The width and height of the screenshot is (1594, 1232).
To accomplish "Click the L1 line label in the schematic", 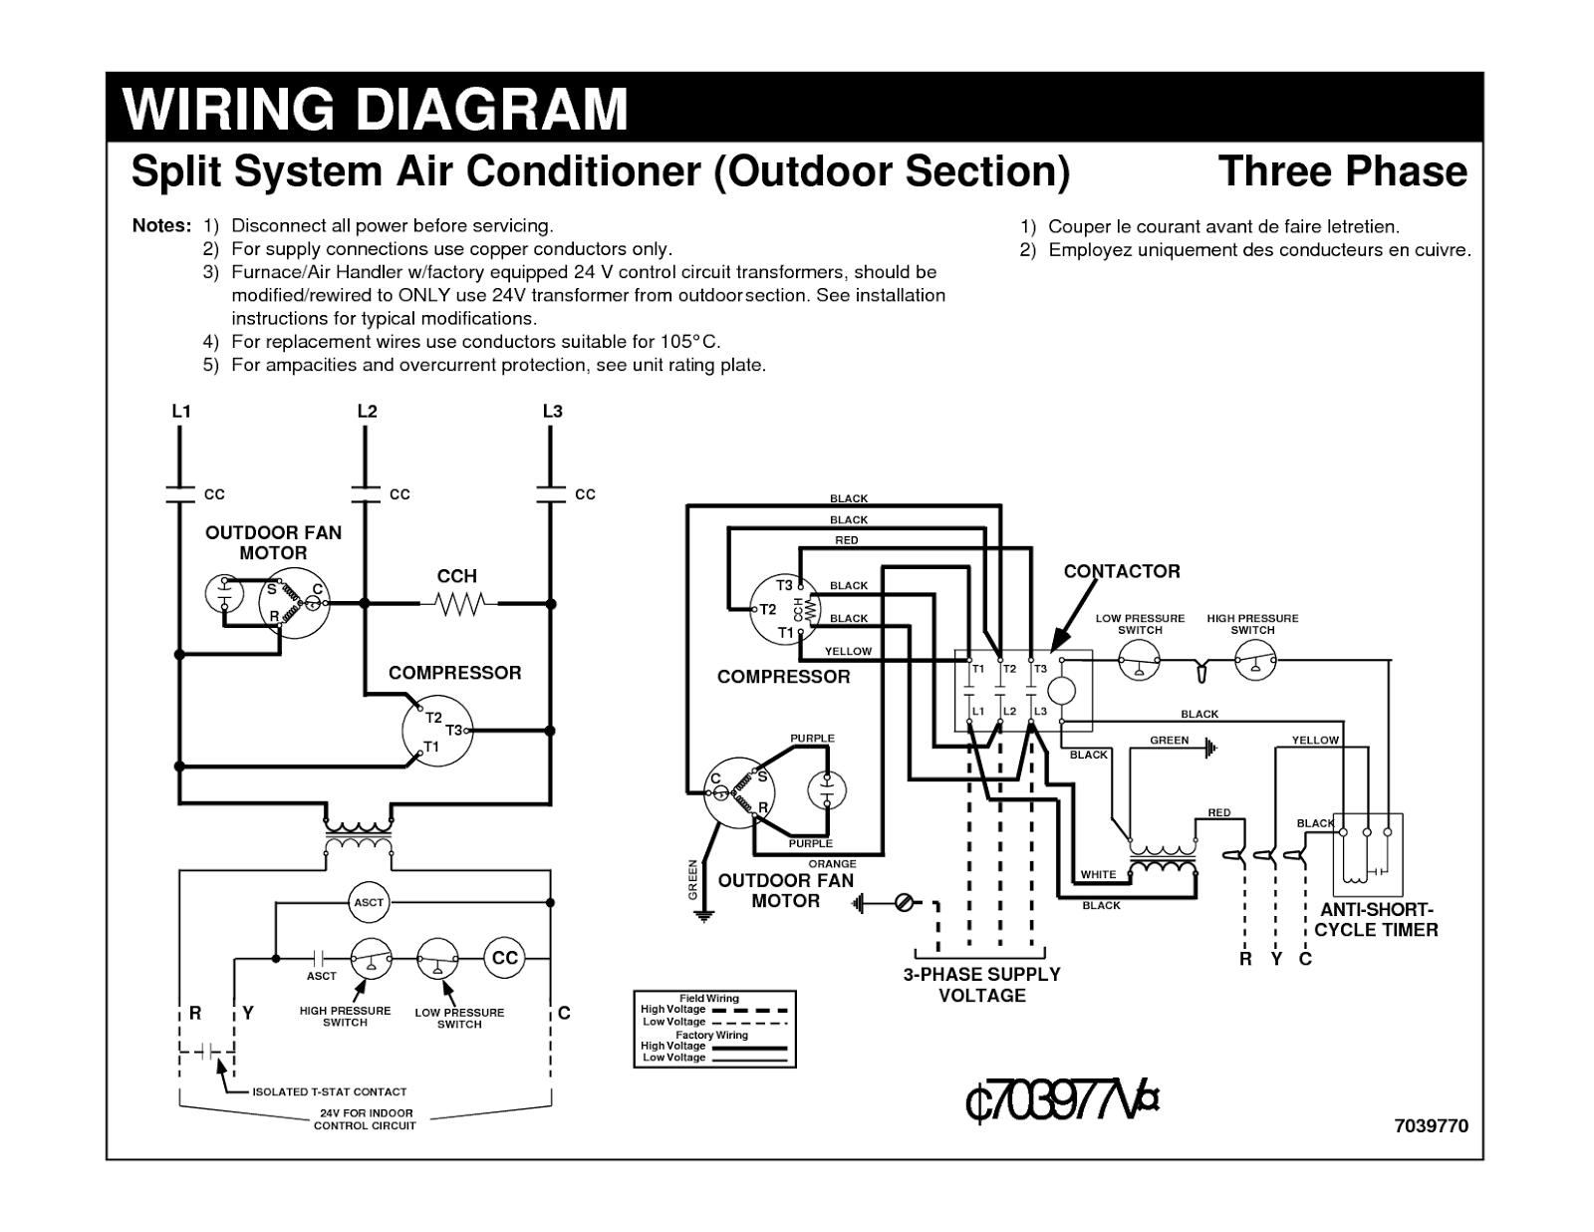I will [x=180, y=411].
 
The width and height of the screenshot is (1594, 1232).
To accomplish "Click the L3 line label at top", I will [x=552, y=411].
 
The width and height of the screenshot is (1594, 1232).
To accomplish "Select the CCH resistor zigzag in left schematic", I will [x=459, y=603].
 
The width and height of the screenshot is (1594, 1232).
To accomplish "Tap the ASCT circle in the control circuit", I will [x=369, y=902].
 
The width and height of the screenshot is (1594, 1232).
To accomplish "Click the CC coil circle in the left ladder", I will [x=505, y=958].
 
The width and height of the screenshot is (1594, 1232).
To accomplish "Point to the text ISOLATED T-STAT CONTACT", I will [x=329, y=1091].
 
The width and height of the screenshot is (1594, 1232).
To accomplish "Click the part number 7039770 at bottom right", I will [x=1431, y=1125].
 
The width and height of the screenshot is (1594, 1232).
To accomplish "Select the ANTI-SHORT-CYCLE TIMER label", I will [x=1376, y=920].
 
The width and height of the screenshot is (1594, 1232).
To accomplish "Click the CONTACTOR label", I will [x=1121, y=571].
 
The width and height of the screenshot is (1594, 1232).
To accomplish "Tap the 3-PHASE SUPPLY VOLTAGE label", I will [x=981, y=985].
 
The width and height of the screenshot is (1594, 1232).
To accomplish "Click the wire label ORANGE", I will [x=832, y=863].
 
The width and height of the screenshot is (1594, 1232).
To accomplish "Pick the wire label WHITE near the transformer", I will [x=1098, y=874].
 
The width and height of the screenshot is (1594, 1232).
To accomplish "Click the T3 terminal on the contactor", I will [x=1040, y=669].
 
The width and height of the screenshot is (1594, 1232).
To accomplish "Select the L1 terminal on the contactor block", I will [x=977, y=711].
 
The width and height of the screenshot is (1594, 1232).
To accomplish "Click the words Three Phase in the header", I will [x=1342, y=171].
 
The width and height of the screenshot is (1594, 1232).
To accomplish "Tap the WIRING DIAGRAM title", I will [x=376, y=109].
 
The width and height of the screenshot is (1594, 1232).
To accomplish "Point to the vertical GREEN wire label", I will [x=692, y=880].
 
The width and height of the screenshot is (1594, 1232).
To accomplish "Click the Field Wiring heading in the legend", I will [x=708, y=998].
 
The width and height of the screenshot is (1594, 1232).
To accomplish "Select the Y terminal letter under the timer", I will [x=1275, y=959].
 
